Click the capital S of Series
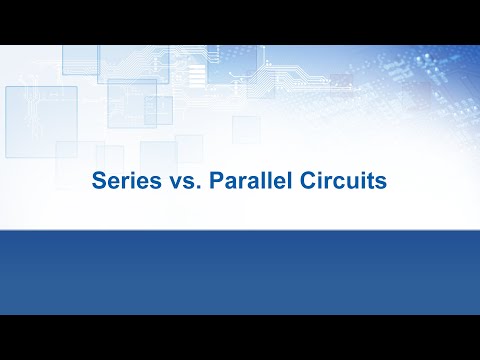pos(98,184)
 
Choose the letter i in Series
pos(123,184)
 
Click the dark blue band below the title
pos(240,270)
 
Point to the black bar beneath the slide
pos(240,337)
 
